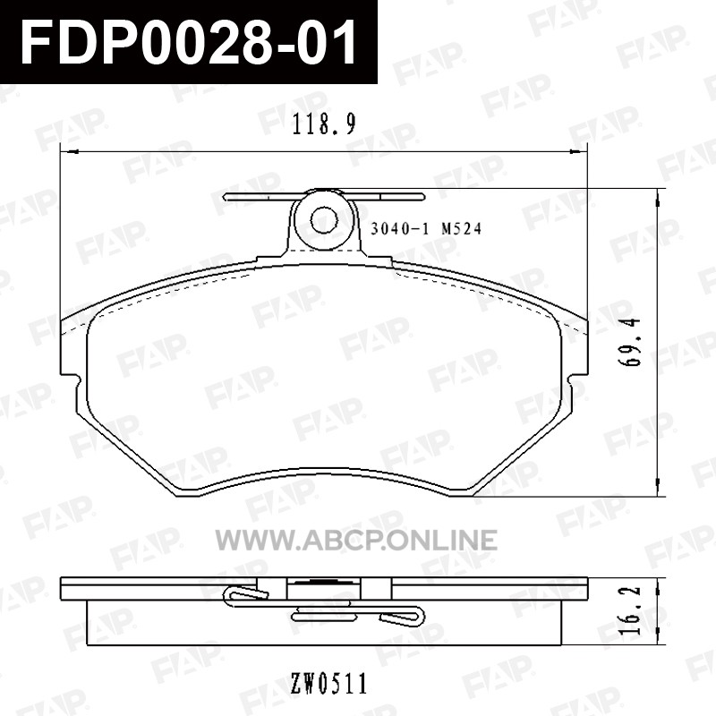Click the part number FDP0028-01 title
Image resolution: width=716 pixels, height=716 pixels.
(x=189, y=43)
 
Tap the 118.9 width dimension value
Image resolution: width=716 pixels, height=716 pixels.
(x=324, y=124)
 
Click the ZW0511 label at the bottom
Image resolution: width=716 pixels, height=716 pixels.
(x=328, y=684)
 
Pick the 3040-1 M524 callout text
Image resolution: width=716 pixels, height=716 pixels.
(x=426, y=228)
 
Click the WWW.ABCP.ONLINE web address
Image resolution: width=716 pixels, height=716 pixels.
(x=356, y=540)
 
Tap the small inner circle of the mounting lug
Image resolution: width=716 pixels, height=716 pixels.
(x=324, y=221)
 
